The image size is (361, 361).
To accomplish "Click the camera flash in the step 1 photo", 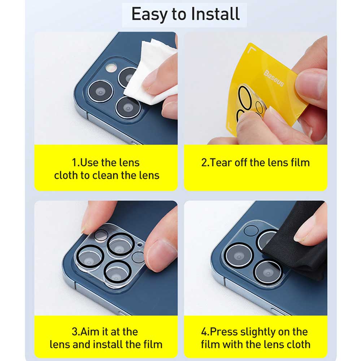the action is (111, 68).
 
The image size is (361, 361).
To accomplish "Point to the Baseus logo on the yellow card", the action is (274, 78).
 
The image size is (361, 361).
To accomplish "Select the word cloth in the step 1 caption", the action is (66, 175).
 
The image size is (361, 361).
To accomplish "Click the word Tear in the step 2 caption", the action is (221, 162).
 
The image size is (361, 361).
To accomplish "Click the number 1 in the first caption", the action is (74, 162).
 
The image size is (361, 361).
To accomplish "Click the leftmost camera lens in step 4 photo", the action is (239, 256).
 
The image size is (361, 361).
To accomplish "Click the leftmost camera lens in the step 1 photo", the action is (100, 92).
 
